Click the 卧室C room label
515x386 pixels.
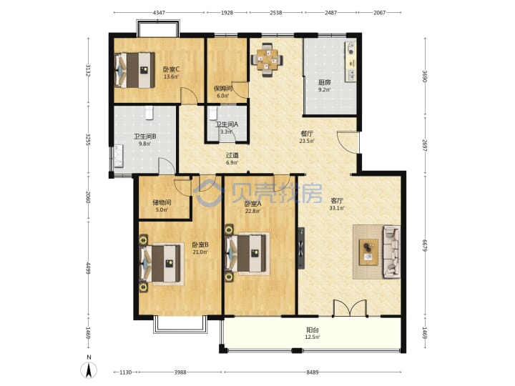pos(171,69)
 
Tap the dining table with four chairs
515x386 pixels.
pos(267,60)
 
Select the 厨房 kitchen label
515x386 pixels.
pos(324,82)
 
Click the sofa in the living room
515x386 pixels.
pos(391,252)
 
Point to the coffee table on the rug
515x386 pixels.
pos(368,252)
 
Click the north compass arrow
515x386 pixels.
pos(89,371)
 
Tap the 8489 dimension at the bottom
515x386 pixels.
pos(313,372)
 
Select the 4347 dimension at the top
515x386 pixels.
pos(159,13)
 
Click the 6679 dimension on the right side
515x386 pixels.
pos(425,245)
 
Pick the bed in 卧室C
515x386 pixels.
pos(134,70)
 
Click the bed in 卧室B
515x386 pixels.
pos(161,264)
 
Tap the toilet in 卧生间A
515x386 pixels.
pos(213,113)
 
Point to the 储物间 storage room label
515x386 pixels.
pos(162,202)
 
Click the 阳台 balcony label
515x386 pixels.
pos(313,330)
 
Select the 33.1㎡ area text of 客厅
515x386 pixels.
pos(337,208)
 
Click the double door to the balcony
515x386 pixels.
pos(350,309)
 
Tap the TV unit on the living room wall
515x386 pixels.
pos(301,249)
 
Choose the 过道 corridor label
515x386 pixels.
pos(232,155)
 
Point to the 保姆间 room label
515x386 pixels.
pos(223,89)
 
